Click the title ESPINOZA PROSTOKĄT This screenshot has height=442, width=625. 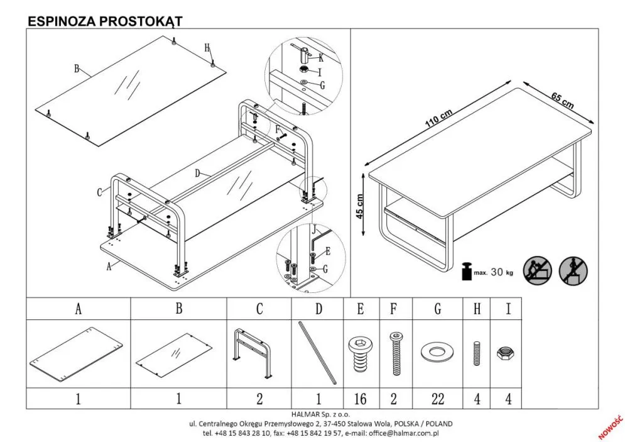point(105,21)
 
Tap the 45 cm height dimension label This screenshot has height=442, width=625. point(361,205)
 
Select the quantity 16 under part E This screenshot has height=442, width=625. point(360,399)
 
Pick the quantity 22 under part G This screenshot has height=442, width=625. point(437,399)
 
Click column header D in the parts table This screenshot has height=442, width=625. point(318,309)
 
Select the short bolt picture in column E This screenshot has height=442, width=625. point(360,353)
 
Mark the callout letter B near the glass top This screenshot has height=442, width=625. point(77,69)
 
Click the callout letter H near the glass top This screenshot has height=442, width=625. point(207,48)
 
